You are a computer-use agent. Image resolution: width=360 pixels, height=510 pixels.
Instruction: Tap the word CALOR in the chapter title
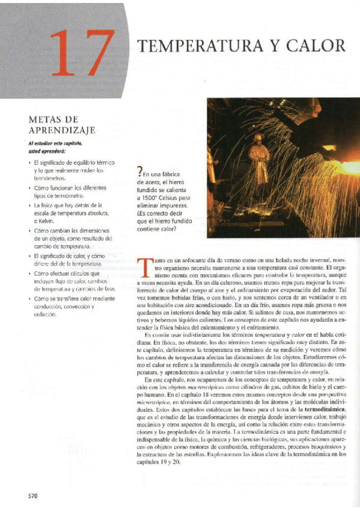pos(317,46)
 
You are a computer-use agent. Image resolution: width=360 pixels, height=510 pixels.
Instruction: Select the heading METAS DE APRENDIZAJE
pos(62,124)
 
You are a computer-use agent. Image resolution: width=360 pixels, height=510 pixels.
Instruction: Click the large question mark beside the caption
pos(140,174)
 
